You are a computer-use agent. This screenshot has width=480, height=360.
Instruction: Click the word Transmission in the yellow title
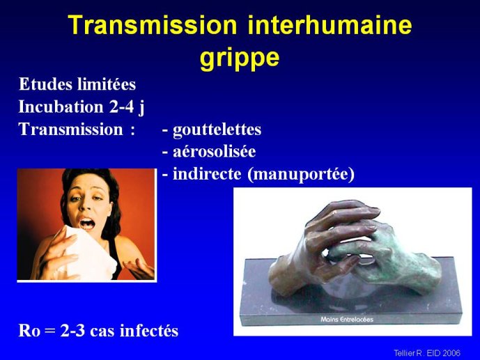(x=153, y=25)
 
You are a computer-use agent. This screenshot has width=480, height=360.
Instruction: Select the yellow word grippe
(x=240, y=58)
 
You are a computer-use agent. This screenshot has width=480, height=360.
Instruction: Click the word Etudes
(x=45, y=84)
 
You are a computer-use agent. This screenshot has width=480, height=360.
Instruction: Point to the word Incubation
(x=61, y=107)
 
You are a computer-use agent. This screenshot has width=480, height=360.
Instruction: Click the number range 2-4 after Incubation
(x=122, y=107)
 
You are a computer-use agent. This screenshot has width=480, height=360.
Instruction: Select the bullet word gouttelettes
(x=217, y=130)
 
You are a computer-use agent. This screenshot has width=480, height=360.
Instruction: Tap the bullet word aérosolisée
(x=215, y=152)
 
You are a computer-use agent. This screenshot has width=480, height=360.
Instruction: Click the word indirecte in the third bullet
(x=207, y=174)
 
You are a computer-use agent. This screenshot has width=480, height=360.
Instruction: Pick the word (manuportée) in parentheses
(x=301, y=175)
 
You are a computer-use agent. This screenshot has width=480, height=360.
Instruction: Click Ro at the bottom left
(x=29, y=331)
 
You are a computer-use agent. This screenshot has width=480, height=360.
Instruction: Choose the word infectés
(x=149, y=331)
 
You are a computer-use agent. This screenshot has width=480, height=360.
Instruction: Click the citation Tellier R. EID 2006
(x=427, y=353)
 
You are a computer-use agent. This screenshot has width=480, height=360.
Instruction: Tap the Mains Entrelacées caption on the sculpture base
(x=347, y=320)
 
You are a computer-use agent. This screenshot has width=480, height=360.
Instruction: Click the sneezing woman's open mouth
(x=87, y=224)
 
